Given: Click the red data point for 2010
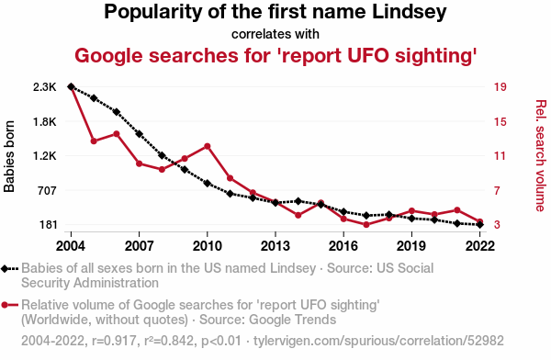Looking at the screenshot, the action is (x=208, y=146).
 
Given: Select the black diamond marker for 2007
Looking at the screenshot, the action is (x=140, y=134).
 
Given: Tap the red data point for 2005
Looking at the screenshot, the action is (x=94, y=141).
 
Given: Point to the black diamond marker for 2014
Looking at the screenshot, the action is (x=298, y=201).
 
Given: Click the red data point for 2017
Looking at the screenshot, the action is (x=366, y=224).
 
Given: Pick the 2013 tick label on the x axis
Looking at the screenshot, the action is (x=275, y=246).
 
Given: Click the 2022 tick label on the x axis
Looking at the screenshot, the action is (x=479, y=246).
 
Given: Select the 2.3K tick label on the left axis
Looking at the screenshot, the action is (x=45, y=87).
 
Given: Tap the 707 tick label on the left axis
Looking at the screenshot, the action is (x=47, y=190).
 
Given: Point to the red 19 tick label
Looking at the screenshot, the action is (x=500, y=87).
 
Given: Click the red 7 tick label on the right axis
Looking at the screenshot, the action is (x=497, y=190).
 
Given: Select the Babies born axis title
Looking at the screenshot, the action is (x=9, y=156).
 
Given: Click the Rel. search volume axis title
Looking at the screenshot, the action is (x=541, y=156).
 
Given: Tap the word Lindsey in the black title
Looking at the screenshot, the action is (x=410, y=12).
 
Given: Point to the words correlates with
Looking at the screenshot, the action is (x=275, y=34).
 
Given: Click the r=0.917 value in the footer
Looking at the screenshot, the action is (x=114, y=341).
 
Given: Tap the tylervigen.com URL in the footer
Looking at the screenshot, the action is (x=378, y=341).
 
